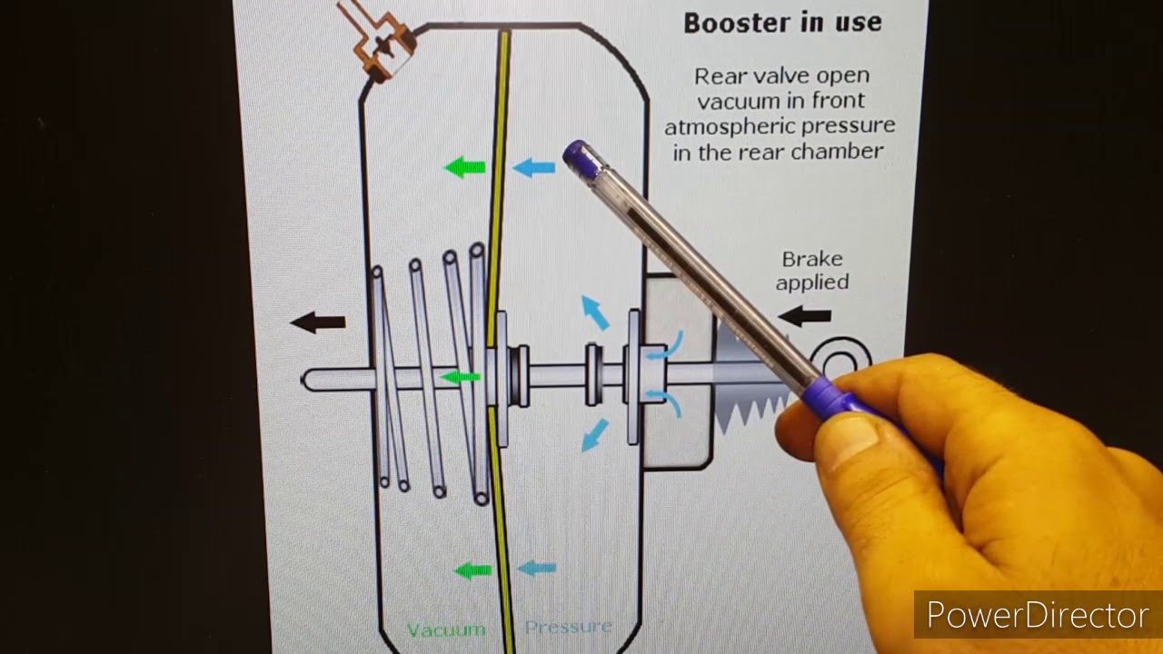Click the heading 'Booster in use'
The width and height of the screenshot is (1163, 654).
pos(782,23)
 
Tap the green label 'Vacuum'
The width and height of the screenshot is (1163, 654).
pos(446,630)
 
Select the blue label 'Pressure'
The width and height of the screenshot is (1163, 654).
pos(568,627)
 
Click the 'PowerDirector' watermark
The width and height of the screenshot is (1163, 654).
pos(1038,615)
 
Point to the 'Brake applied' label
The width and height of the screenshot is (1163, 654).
pos(812,271)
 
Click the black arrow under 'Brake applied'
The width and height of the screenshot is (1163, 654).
pos(805,315)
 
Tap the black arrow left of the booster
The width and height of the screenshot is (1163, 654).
pos(318,322)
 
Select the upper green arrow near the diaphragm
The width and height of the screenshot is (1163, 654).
pos(465,168)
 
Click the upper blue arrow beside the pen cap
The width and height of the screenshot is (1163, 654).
pos(533,168)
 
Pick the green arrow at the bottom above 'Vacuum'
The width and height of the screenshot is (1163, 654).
pos(472,571)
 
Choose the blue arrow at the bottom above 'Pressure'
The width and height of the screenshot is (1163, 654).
pos(537,568)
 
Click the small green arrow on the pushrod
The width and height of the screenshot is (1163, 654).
pos(460,377)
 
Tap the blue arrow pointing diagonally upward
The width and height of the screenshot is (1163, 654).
pos(595,312)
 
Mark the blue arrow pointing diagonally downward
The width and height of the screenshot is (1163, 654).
pos(595,435)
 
